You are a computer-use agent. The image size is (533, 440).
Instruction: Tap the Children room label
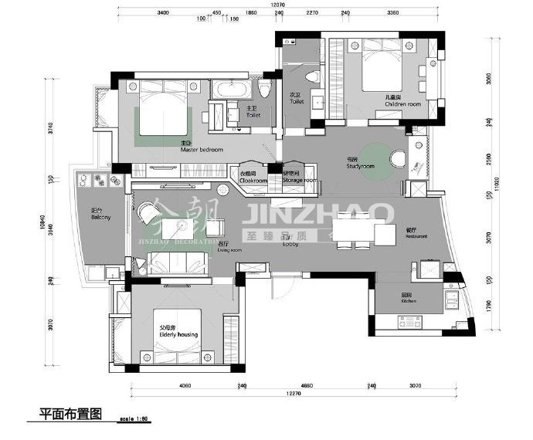pyautogui.click(x=402, y=103)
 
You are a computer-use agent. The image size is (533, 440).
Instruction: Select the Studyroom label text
pyautogui.click(x=360, y=166)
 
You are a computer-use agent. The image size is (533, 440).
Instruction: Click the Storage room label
pyautogui.click(x=299, y=180)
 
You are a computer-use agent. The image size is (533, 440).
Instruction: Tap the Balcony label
pyautogui.click(x=100, y=218)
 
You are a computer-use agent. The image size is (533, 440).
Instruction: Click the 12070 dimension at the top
pyautogui.click(x=277, y=5)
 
